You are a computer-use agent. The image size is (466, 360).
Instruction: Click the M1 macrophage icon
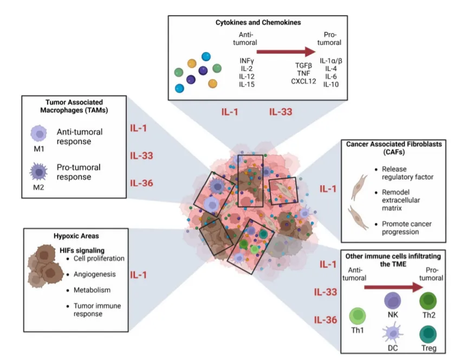click(38, 133)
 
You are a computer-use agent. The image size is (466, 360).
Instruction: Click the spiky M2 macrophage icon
click(38, 172)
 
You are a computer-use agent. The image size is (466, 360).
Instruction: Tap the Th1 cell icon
click(357, 316)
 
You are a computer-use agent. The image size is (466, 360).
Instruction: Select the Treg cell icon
click(428, 334)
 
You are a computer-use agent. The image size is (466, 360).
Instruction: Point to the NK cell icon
click(393, 300)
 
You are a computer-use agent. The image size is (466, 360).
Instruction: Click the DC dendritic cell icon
click(393, 333)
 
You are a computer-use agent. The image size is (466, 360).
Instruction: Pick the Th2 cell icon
click(428, 300)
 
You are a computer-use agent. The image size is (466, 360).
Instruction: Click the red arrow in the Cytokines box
click(286, 51)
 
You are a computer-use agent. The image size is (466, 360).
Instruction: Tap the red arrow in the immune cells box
click(393, 287)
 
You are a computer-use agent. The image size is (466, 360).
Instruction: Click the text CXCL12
click(303, 81)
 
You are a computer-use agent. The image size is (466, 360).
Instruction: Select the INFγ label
click(247, 61)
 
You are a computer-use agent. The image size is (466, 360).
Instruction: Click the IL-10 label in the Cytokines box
click(331, 84)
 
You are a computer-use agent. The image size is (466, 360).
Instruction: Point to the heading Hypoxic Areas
click(76, 236)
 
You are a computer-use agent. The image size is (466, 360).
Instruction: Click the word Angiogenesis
click(94, 274)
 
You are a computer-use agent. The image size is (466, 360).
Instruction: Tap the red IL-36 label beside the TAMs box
click(141, 183)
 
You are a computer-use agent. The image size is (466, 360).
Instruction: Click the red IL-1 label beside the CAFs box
click(328, 188)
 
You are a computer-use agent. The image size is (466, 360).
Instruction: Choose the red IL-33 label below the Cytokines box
click(281, 112)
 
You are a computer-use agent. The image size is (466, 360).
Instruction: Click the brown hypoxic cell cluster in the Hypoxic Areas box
click(46, 266)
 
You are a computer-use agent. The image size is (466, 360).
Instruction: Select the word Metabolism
click(92, 290)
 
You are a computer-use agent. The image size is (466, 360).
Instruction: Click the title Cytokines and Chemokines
click(258, 23)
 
